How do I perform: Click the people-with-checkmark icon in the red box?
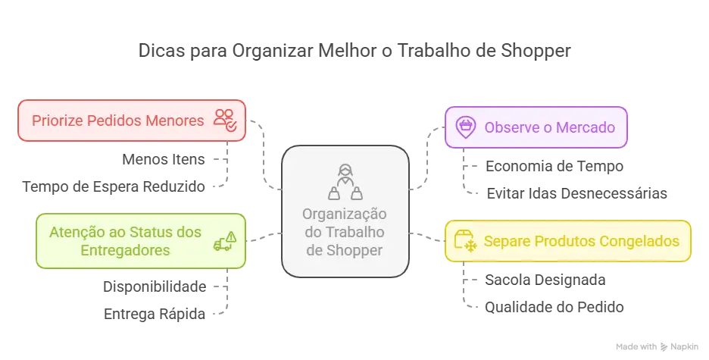click(225, 120)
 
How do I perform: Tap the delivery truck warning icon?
click(225, 241)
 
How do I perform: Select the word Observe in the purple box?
click(510, 127)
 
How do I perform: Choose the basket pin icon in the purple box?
click(468, 127)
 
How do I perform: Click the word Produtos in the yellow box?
click(563, 242)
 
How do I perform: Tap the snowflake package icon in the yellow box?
click(464, 242)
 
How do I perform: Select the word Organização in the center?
click(345, 214)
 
